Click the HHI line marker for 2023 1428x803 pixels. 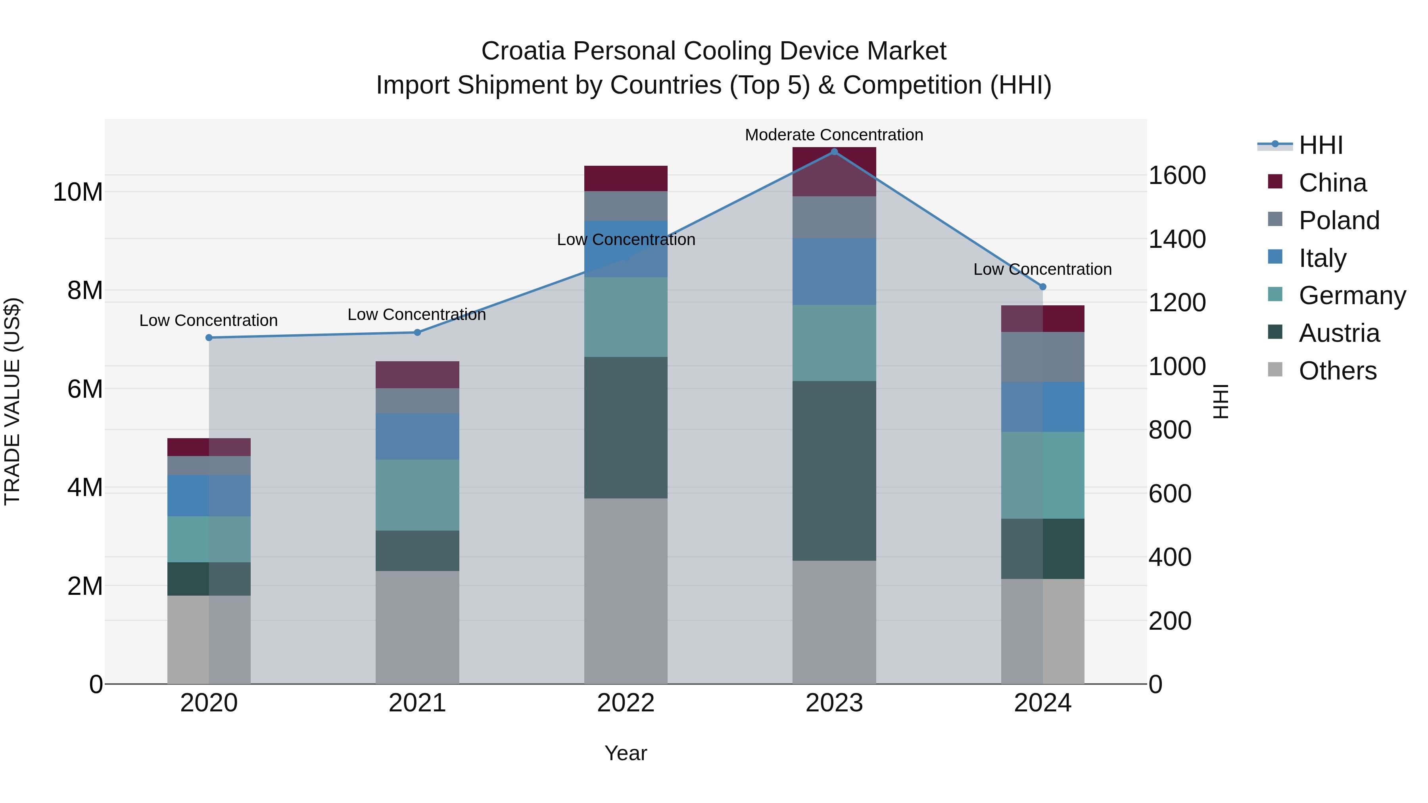834,152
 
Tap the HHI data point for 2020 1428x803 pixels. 209,337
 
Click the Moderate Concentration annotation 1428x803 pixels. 834,135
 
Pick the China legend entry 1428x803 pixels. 1332,183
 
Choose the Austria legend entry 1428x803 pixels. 1339,333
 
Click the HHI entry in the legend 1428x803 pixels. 1321,145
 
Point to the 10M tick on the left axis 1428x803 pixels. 78,192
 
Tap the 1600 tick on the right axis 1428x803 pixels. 1177,175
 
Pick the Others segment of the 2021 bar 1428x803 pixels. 417,627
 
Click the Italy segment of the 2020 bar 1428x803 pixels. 209,495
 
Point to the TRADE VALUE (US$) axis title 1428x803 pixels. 12,401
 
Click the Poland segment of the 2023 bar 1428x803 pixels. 834,217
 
